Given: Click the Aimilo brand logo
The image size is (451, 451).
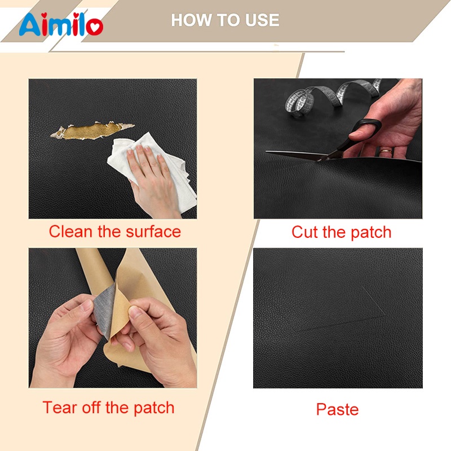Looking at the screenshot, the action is (61, 24).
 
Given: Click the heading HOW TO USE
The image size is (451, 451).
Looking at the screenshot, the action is (225, 20).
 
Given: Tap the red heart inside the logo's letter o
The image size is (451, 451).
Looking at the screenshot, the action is (95, 27).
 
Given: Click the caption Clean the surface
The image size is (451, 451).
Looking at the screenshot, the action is (115, 232).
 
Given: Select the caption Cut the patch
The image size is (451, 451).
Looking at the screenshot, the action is (342, 232).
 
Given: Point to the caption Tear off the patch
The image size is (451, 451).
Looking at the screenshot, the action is (108, 408).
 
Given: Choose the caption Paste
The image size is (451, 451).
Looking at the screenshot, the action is (337, 409).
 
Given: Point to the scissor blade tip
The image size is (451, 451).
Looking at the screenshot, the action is (266, 151).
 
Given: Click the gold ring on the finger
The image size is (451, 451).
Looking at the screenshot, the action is (386, 151).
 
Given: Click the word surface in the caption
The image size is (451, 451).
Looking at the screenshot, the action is (153, 232).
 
